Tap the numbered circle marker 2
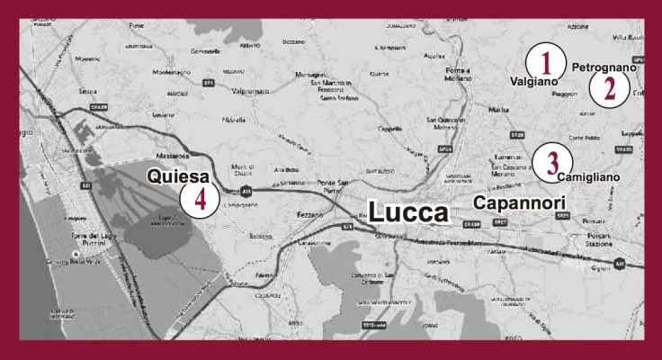609,87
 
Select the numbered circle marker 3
552,161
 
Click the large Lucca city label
407,212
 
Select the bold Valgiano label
534,81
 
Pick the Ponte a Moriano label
459,75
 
